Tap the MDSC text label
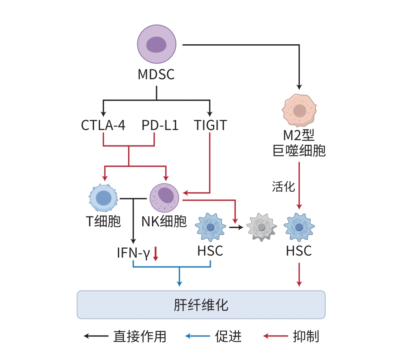(156, 75)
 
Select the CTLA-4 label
(103, 125)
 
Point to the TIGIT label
(210, 125)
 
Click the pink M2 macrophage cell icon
(300, 110)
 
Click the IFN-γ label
(133, 254)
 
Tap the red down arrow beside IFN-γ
(155, 254)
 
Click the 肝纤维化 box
(201, 304)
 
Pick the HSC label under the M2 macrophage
(299, 251)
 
